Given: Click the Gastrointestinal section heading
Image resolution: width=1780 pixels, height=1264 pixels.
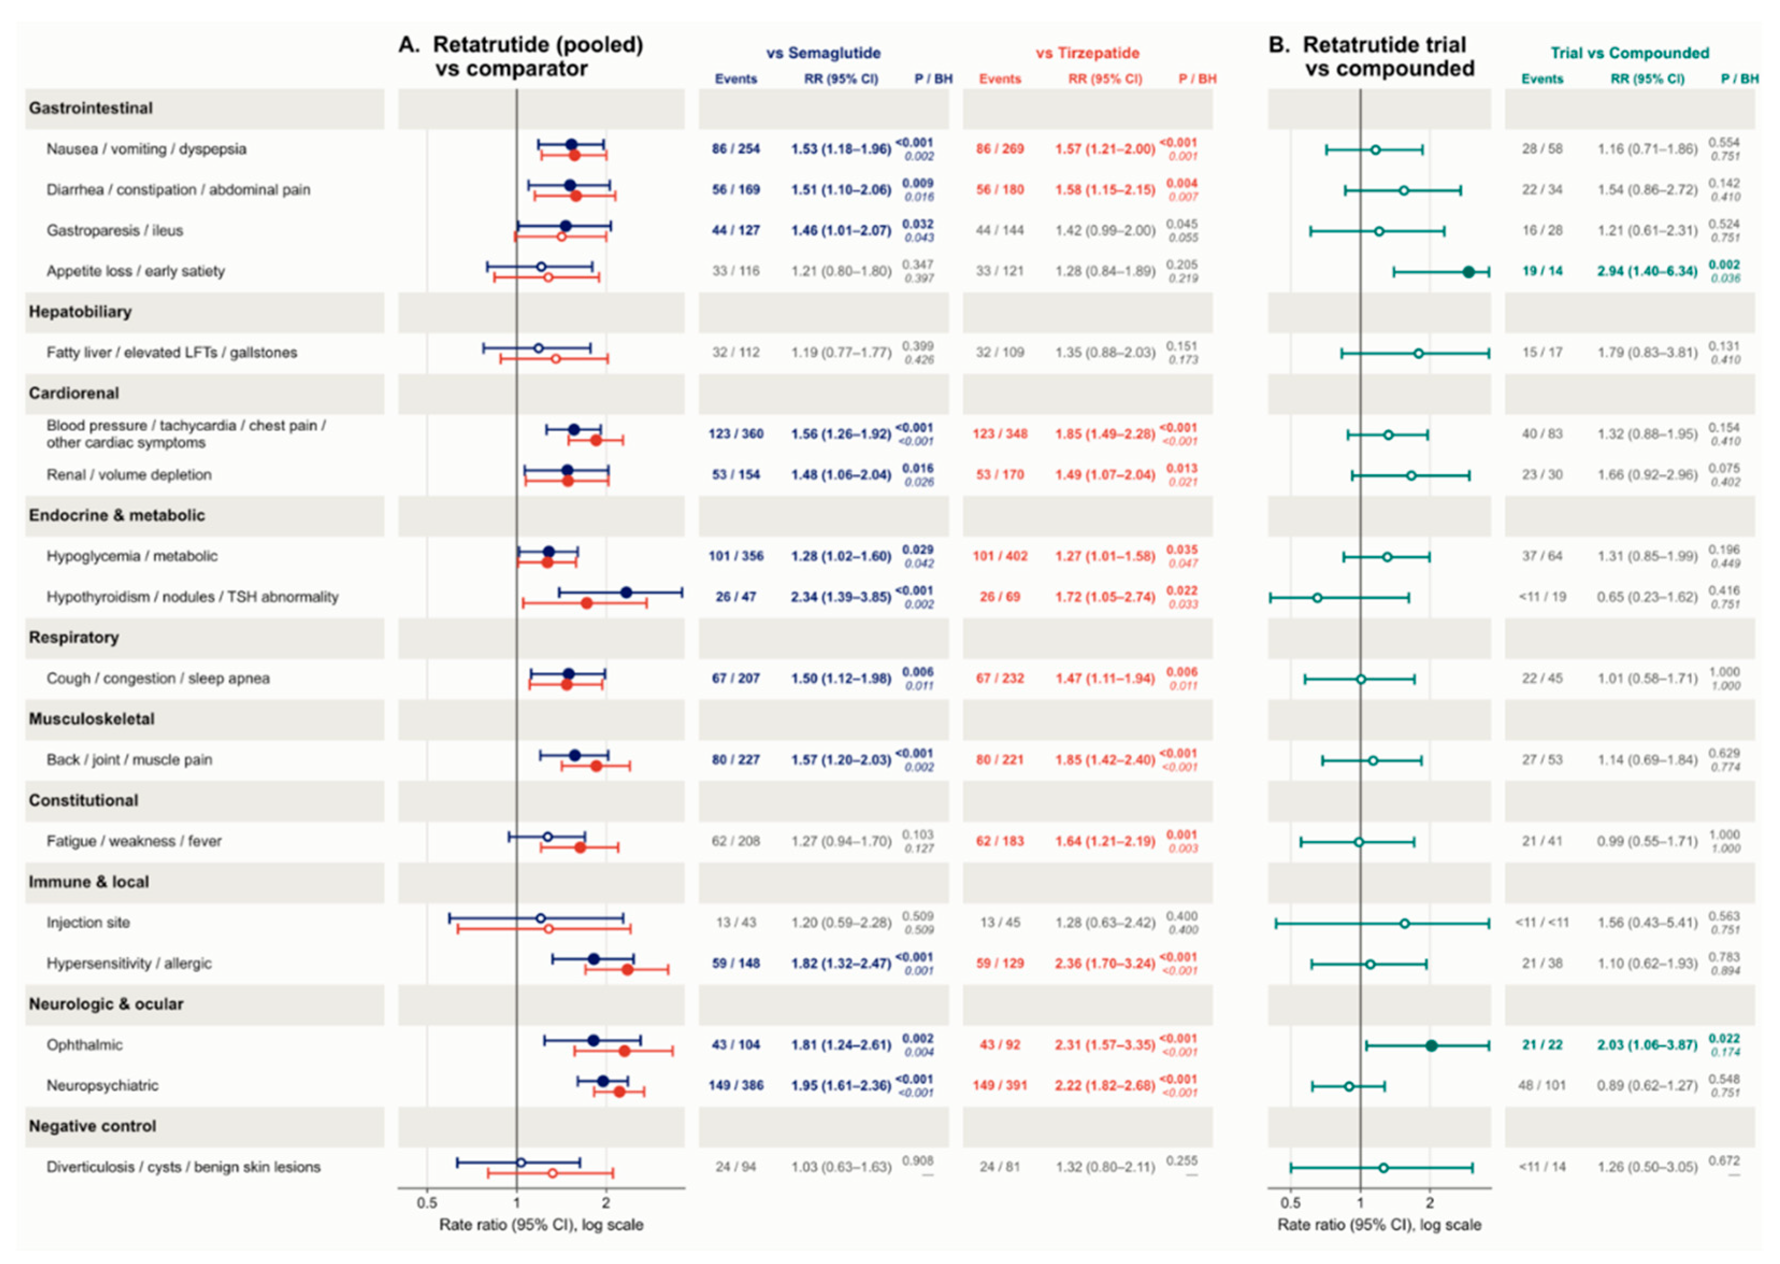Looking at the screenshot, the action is tap(90, 108).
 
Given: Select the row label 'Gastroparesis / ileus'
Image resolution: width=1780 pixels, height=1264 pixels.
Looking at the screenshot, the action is tap(114, 230).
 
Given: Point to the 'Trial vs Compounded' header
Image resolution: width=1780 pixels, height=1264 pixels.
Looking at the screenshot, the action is tap(1629, 53).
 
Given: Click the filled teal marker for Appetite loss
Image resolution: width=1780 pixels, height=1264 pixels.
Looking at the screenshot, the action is tap(1468, 272).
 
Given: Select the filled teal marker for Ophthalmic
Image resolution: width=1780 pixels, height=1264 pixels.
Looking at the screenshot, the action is tap(1431, 1045).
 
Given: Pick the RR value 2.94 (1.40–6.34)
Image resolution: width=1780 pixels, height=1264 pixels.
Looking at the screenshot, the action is tap(1647, 271).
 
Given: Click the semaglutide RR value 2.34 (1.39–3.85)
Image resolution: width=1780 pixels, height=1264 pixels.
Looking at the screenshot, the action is tap(841, 597).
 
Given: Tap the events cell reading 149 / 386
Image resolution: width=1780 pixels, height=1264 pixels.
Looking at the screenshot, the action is tap(736, 1085).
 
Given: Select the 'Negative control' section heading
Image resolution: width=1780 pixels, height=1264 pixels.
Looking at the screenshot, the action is tap(92, 1126).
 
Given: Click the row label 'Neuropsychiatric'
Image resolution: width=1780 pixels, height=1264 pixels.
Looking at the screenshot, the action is tap(102, 1085).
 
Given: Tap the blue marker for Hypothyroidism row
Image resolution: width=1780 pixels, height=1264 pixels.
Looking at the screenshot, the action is tap(626, 593).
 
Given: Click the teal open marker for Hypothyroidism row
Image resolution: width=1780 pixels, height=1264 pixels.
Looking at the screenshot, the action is tap(1317, 598).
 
